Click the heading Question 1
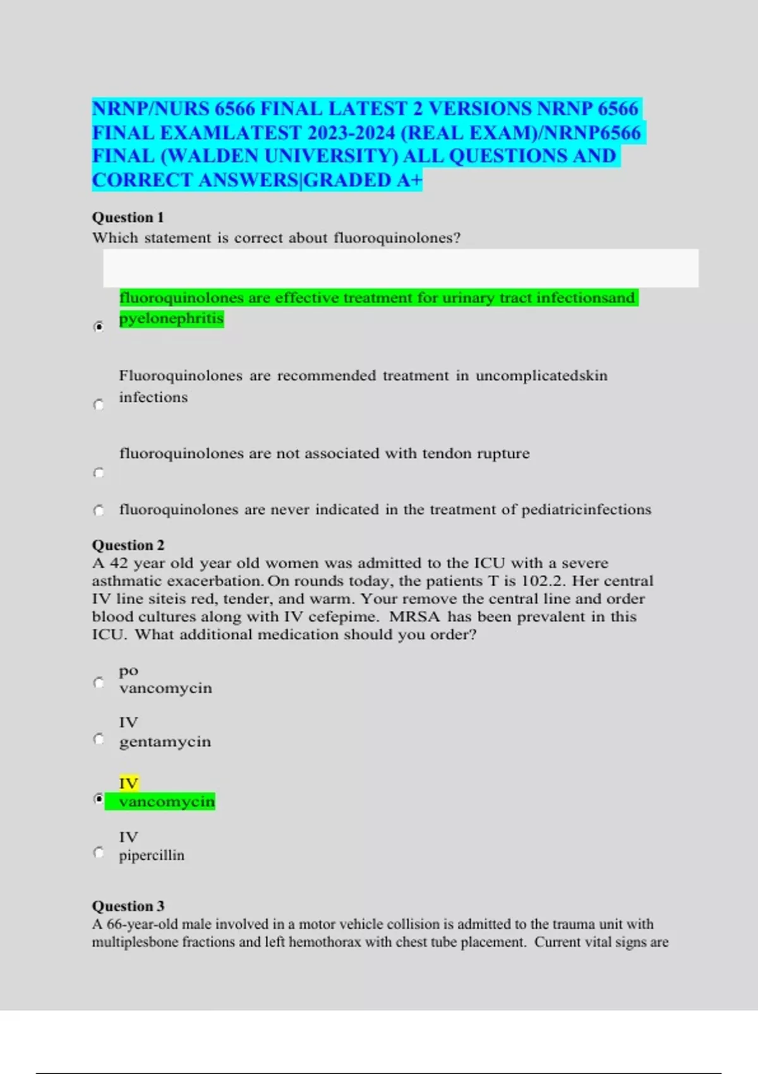(x=128, y=217)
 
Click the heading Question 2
(x=128, y=545)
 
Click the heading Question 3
(x=128, y=906)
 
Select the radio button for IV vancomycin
(x=99, y=799)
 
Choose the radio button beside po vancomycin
(x=99, y=682)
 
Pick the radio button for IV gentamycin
(x=99, y=739)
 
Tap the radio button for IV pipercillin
(x=99, y=853)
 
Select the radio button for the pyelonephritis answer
(x=99, y=327)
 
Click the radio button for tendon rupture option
(x=99, y=473)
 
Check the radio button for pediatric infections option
(x=99, y=510)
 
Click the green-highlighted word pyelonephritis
(x=171, y=318)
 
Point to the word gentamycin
(x=165, y=742)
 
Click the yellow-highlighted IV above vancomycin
(x=128, y=783)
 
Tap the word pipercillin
(x=152, y=855)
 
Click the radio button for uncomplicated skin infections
(x=99, y=404)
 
